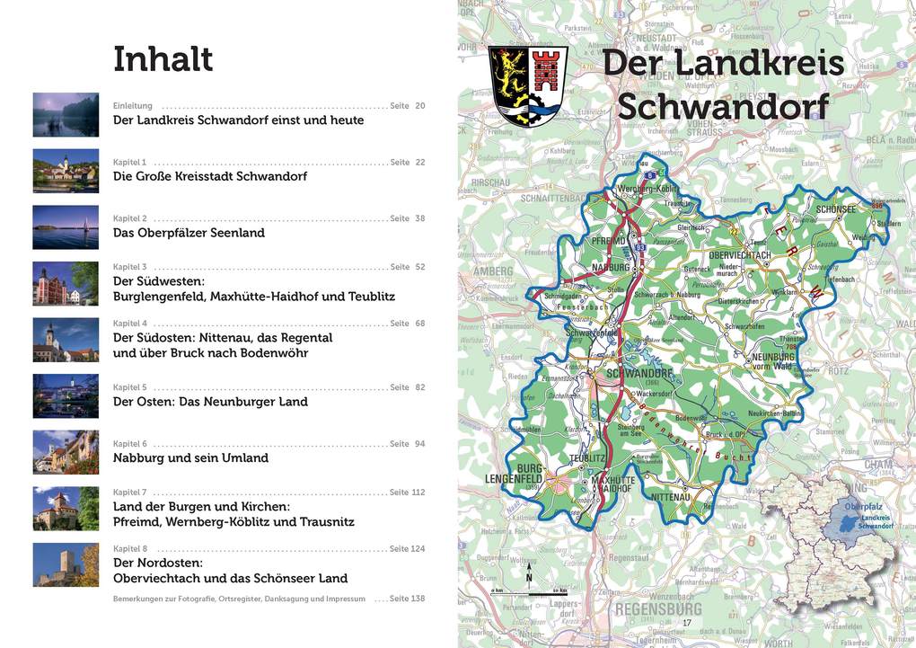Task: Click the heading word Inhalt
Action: click(163, 59)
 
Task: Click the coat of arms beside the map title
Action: click(528, 86)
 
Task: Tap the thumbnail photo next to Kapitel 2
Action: click(66, 227)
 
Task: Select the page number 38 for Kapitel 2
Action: click(419, 218)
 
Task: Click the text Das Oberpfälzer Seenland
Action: click(189, 233)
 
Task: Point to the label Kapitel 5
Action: click(130, 387)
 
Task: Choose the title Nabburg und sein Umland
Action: click(190, 458)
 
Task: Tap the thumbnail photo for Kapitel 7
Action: click(66, 509)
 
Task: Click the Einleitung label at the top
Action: click(133, 106)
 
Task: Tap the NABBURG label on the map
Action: click(611, 267)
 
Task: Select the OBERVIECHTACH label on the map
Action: click(740, 255)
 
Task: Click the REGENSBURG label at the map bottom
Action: click(658, 609)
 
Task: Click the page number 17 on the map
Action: click(687, 623)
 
